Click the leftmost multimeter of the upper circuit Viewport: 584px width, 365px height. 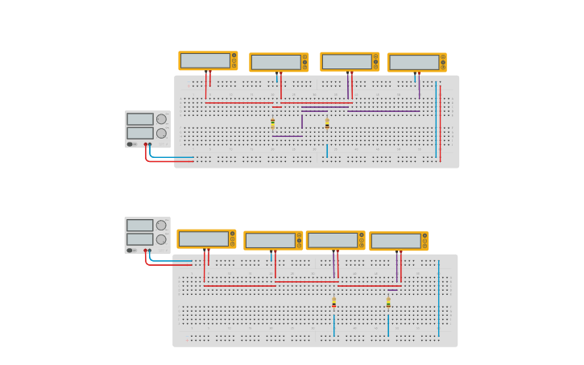click(208, 60)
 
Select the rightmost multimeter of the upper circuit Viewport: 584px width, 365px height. click(416, 62)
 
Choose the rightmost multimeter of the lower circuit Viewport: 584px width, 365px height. click(399, 241)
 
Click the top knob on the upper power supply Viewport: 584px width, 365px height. click(161, 119)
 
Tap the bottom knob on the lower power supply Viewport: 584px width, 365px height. click(161, 239)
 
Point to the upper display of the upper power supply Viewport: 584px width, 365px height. click(139, 119)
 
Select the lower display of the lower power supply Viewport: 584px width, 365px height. click(139, 239)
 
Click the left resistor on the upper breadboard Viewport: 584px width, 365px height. click(272, 123)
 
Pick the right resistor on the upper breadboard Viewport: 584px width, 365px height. click(327, 124)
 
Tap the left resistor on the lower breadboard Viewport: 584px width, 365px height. click(334, 303)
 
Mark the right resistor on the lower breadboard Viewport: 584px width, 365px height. click(388, 303)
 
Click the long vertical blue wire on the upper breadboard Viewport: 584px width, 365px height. click(436, 121)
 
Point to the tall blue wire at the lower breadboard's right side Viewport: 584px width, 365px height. click(439, 298)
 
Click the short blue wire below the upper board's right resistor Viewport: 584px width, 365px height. click(327, 151)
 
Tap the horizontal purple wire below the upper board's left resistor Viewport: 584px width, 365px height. click(287, 136)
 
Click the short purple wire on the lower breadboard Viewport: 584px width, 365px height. click(393, 290)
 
